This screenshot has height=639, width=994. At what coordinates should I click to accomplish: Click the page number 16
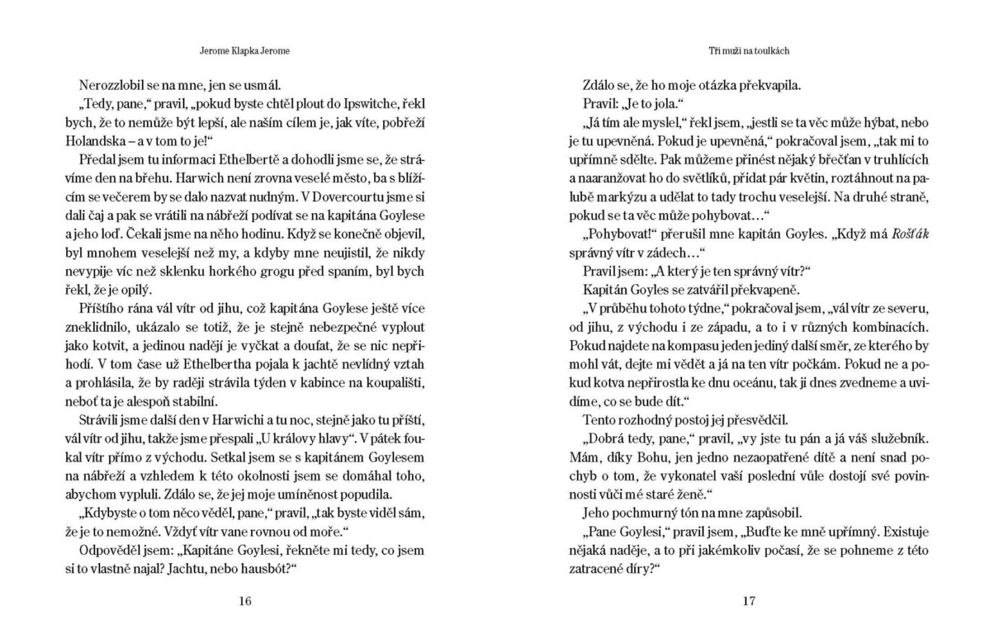245,601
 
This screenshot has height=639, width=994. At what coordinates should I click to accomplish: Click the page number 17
749,601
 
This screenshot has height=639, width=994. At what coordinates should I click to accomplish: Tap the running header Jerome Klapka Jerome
245,51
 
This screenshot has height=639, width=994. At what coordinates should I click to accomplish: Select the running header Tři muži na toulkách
749,51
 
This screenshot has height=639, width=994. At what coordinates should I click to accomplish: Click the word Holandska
94,141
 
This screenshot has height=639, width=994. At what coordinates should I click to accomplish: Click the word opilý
135,290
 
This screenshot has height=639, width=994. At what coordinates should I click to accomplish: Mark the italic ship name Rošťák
910,234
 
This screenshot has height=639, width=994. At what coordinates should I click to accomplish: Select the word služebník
895,438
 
